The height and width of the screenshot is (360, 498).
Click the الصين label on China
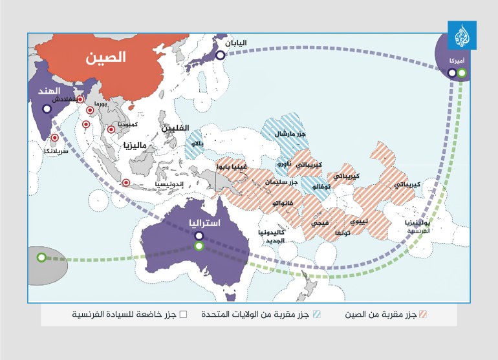(x=107, y=57)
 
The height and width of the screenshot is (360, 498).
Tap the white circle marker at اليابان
(x=221, y=56)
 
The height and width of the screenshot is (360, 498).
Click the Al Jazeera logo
(x=462, y=36)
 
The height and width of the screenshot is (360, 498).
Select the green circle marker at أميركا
(x=462, y=73)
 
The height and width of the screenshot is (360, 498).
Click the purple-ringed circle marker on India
(x=47, y=109)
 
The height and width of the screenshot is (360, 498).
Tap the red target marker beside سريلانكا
(x=55, y=138)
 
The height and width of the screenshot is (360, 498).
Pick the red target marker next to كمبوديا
(x=111, y=129)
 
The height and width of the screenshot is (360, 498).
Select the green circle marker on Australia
(x=200, y=246)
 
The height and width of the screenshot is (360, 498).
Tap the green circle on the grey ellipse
(x=41, y=257)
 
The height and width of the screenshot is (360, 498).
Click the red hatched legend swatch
(x=424, y=315)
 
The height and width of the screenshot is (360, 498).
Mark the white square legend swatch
(x=183, y=315)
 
